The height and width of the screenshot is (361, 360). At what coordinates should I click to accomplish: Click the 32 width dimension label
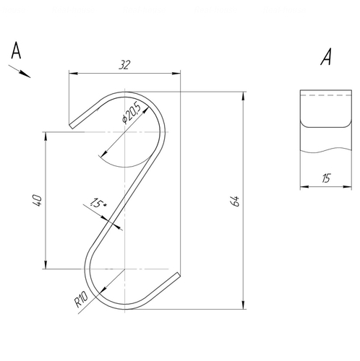tap(124, 65)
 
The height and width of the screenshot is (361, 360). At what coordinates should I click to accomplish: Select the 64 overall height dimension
tap(235, 201)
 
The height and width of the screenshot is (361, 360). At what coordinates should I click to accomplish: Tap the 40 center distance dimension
tap(38, 200)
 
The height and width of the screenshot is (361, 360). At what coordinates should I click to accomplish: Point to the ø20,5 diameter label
tap(132, 113)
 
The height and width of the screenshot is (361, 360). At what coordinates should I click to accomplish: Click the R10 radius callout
tap(81, 299)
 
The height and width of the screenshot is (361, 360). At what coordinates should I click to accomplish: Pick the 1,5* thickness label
tap(98, 203)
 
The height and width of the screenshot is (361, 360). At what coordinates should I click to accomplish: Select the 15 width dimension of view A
tap(326, 178)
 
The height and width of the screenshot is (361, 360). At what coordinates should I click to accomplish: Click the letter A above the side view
tap(326, 56)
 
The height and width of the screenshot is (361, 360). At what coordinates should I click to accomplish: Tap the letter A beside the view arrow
tap(16, 51)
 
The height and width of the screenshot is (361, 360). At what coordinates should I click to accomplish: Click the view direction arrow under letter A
tap(20, 71)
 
